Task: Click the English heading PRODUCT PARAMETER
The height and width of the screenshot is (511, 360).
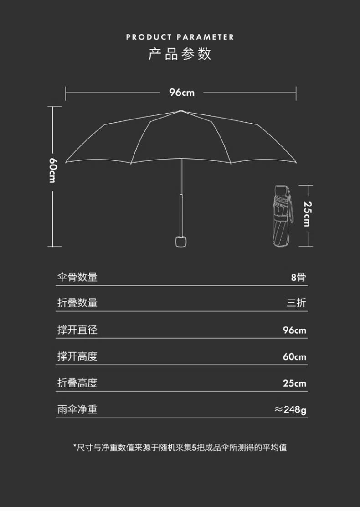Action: tap(180, 37)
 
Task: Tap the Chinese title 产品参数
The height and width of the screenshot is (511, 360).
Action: tap(180, 54)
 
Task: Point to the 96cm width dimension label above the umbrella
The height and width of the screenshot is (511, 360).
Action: tap(182, 93)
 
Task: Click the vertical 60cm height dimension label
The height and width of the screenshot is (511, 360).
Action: tap(53, 170)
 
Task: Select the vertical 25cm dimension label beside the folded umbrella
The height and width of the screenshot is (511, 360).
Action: tap(307, 214)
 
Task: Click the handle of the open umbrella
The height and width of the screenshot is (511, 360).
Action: tap(181, 240)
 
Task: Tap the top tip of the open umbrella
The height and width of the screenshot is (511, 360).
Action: tap(181, 111)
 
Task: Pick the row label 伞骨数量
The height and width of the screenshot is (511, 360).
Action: tap(77, 277)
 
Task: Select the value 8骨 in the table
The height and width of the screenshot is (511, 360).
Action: tap(298, 277)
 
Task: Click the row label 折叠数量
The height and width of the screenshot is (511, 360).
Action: tap(77, 303)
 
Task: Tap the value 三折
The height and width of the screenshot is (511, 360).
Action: tap(296, 303)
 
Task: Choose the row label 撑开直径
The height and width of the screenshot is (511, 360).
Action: tap(77, 330)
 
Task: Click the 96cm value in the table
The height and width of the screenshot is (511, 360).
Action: tap(294, 330)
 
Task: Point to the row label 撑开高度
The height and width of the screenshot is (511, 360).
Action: tap(77, 356)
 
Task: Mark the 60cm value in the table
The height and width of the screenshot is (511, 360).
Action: tap(294, 356)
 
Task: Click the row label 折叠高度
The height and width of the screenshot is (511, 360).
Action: tap(77, 383)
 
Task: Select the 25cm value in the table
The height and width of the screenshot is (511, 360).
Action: tap(294, 383)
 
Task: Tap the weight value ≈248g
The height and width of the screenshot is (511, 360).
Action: tap(290, 409)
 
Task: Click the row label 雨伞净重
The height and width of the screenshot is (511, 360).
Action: tap(77, 409)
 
